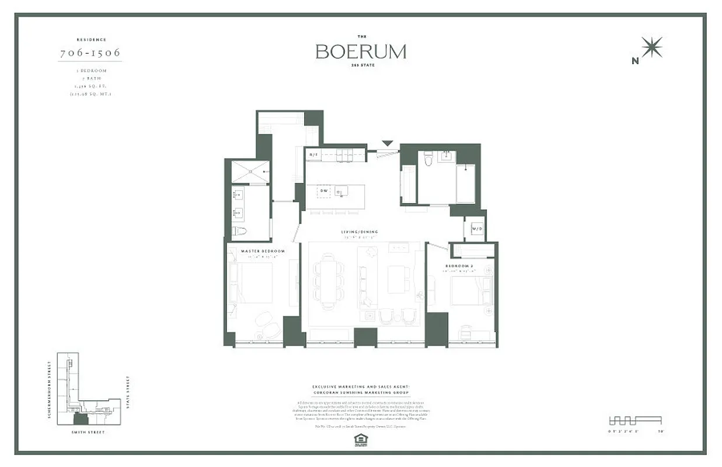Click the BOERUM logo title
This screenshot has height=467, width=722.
click(x=361, y=51)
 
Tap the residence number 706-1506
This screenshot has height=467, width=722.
click(x=90, y=53)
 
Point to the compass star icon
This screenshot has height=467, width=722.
click(x=651, y=47)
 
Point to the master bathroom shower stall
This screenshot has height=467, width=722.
click(x=250, y=172)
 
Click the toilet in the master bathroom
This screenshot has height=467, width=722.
click(x=239, y=231)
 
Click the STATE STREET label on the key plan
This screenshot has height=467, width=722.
click(x=128, y=393)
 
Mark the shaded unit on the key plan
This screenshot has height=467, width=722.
click(x=81, y=419)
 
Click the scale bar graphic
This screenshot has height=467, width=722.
click(x=635, y=420)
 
